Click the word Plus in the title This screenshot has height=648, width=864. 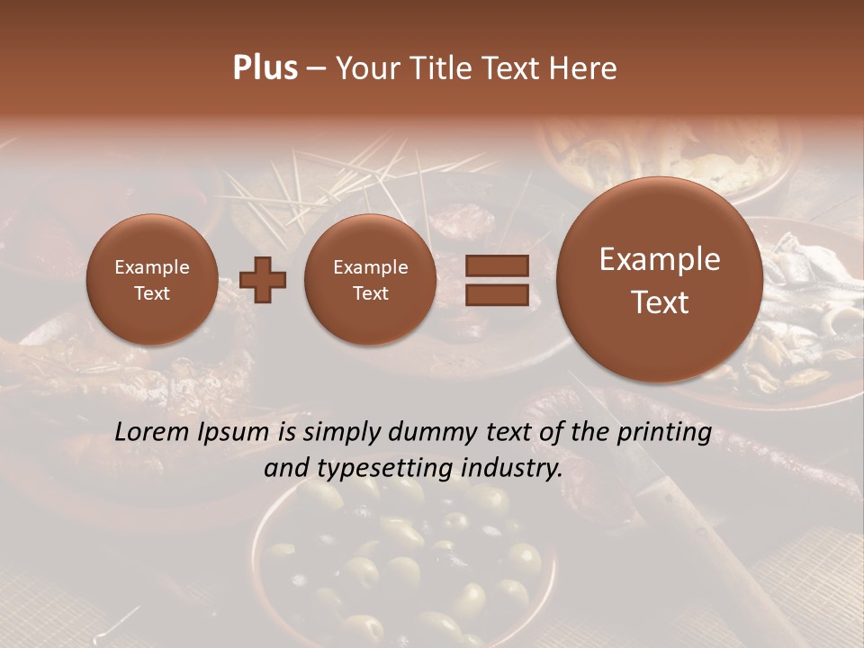265,68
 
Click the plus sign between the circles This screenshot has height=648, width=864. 263,280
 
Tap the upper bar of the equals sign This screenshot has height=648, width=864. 496,265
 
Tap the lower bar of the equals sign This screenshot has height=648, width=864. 496,294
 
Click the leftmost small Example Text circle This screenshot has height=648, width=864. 151,280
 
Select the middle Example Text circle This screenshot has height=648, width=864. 370,280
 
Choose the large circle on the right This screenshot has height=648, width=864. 660,280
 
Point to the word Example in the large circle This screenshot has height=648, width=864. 660,259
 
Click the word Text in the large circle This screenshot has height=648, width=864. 660,302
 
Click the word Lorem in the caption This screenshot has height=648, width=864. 153,433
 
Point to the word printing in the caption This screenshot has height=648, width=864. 662,433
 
